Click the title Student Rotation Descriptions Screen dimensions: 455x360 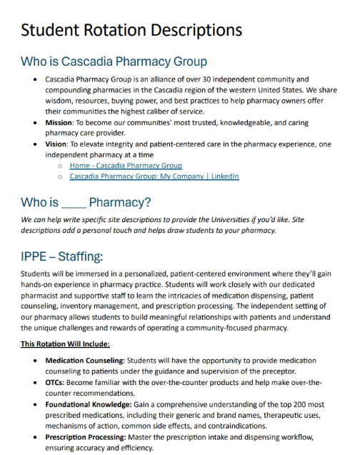coord(131,31)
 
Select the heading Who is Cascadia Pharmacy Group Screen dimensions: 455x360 coord(114,61)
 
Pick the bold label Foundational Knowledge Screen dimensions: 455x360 coord(86,404)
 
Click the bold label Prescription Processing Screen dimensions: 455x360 coord(84,436)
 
